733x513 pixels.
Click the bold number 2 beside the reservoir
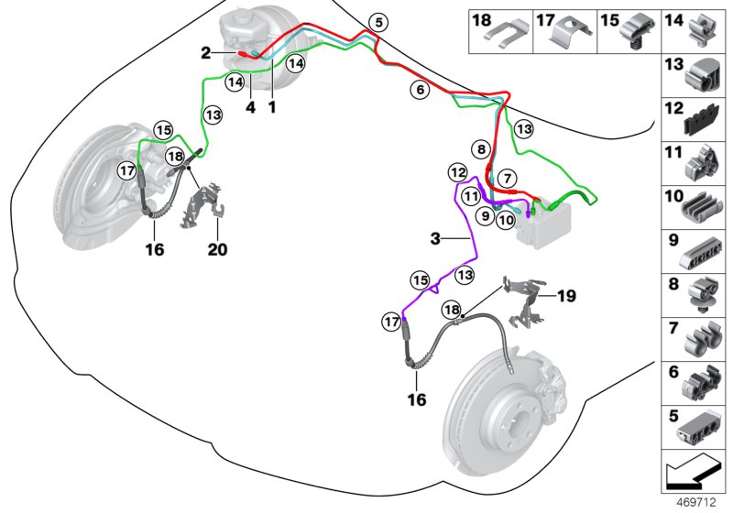point(207,53)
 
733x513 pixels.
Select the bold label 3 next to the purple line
point(436,238)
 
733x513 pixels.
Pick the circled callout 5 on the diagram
point(378,22)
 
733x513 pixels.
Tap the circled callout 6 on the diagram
point(420,90)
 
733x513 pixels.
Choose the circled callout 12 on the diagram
point(457,171)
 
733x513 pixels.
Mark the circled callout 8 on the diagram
point(480,148)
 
